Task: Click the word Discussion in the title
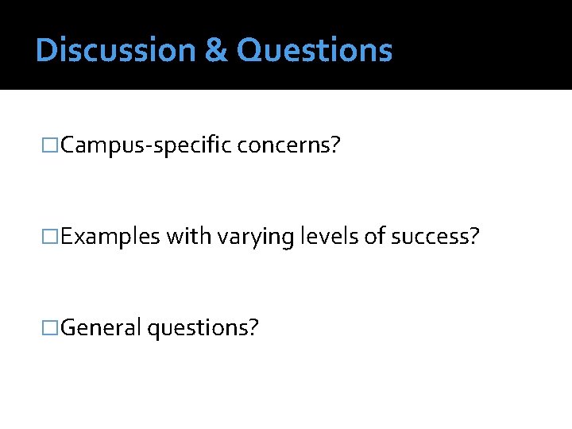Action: (x=116, y=50)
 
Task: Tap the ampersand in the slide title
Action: (x=215, y=50)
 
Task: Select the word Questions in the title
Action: (x=314, y=50)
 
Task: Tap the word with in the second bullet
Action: (x=185, y=237)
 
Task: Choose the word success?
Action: (x=432, y=237)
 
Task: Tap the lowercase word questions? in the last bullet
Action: (x=203, y=327)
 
